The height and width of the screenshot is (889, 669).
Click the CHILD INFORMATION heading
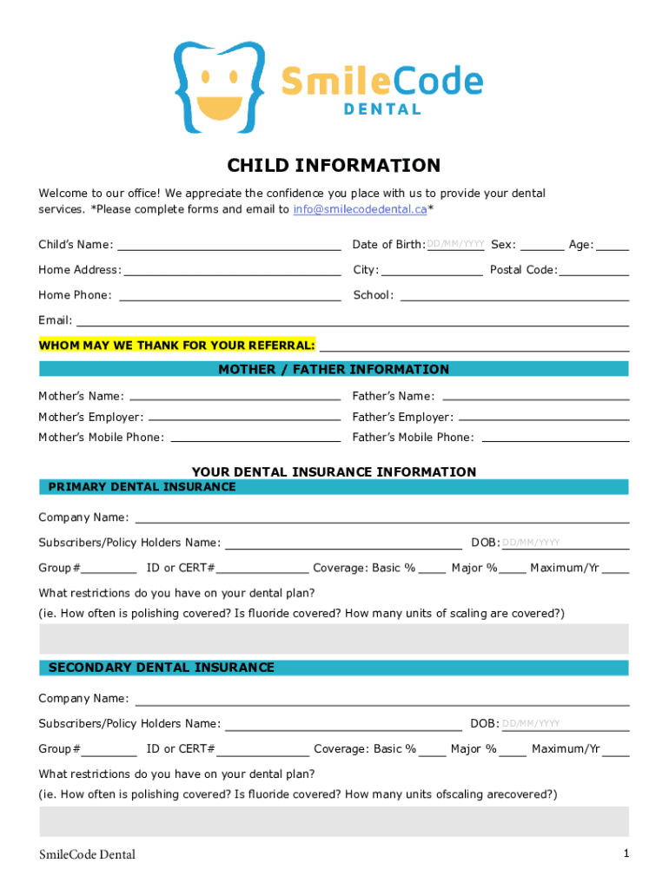(334, 166)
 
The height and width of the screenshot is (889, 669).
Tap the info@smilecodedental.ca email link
(360, 209)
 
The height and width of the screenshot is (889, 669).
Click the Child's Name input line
(229, 245)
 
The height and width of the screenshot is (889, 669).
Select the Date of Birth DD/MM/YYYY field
(455, 245)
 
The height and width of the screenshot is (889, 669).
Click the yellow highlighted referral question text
(177, 346)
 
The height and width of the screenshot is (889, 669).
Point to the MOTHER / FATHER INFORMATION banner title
(334, 370)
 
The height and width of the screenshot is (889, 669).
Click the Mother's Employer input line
(245, 418)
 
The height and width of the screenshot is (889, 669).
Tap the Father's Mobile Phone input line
(555, 438)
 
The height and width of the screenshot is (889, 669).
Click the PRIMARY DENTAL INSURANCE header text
(142, 487)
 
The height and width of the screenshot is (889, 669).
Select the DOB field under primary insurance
(565, 543)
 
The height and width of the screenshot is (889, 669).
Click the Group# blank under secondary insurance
(110, 749)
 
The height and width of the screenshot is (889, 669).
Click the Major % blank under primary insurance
(513, 569)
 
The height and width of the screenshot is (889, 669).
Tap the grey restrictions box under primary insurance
(334, 638)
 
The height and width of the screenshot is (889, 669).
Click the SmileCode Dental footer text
(87, 855)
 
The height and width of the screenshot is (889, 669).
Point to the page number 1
(626, 854)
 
